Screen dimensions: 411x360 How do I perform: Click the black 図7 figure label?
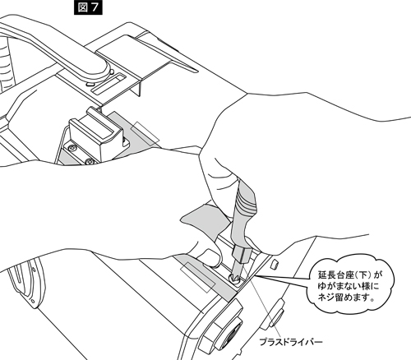click(x=88, y=7)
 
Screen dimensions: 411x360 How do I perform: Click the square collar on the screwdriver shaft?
click(x=242, y=253)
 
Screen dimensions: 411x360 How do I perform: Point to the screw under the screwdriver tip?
click(x=234, y=279)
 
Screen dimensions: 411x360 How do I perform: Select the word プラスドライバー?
click(x=291, y=342)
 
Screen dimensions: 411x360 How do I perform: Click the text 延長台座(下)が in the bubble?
click(x=349, y=275)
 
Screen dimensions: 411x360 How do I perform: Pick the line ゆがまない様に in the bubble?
click(x=349, y=286)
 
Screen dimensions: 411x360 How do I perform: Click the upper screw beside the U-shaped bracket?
click(x=72, y=148)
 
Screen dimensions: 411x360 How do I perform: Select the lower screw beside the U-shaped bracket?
click(x=89, y=162)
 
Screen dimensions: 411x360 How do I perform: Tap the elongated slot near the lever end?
click(x=109, y=84)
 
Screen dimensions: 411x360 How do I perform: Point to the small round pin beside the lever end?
click(x=112, y=72)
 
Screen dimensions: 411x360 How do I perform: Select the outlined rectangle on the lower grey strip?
click(x=197, y=277)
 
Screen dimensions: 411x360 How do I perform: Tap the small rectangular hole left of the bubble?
click(x=274, y=264)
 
